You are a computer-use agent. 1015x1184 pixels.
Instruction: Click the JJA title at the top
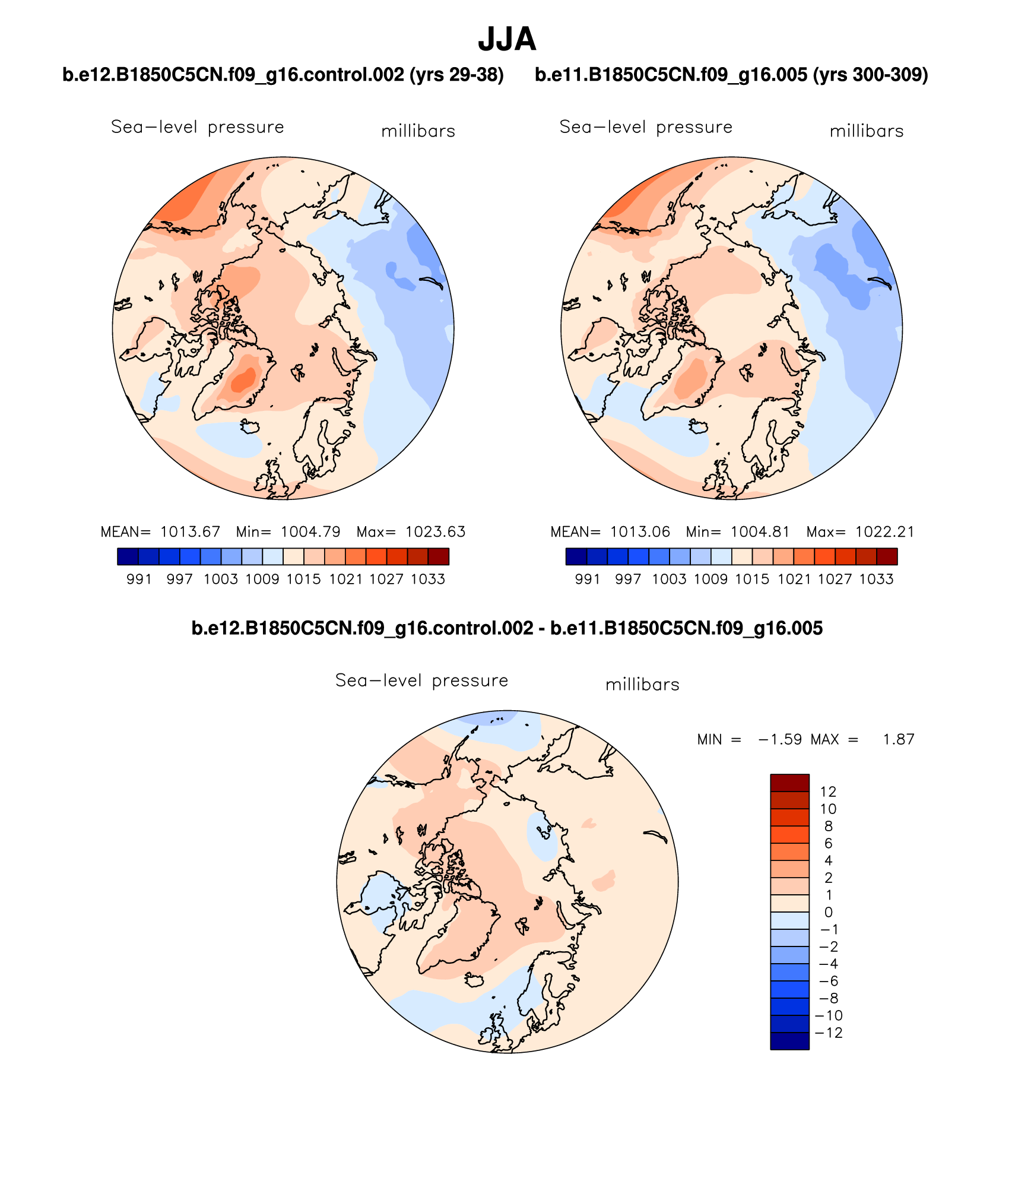pyautogui.click(x=507, y=39)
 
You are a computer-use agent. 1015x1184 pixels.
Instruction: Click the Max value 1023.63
pyautogui.click(x=435, y=531)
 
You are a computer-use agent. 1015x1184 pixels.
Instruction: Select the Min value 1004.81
pyautogui.click(x=760, y=531)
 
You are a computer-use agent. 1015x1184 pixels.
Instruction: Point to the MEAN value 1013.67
pyautogui.click(x=190, y=531)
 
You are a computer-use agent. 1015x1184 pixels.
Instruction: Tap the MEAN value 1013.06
pyautogui.click(x=640, y=531)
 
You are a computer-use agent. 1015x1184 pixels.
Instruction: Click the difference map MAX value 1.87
pyautogui.click(x=898, y=739)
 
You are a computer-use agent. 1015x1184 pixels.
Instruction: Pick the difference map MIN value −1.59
pyautogui.click(x=780, y=739)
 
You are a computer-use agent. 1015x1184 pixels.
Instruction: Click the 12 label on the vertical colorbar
pyautogui.click(x=828, y=792)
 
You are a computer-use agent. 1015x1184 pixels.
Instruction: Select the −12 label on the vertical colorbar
pyautogui.click(x=829, y=1033)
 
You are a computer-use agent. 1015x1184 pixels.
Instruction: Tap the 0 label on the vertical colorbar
pyautogui.click(x=828, y=912)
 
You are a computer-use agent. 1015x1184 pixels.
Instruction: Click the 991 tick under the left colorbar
pyautogui.click(x=139, y=579)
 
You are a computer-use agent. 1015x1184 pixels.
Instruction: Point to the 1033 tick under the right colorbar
pyautogui.click(x=876, y=579)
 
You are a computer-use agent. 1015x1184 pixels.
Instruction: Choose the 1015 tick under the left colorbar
pyautogui.click(x=303, y=579)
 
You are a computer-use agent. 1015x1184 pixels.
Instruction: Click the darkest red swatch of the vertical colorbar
pyautogui.click(x=789, y=783)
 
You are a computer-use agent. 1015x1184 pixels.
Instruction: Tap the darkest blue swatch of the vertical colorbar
pyautogui.click(x=789, y=1041)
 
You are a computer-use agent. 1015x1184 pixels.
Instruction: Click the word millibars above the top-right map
pyautogui.click(x=867, y=131)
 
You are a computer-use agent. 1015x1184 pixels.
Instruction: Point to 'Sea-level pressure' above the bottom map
pyautogui.click(x=421, y=680)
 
